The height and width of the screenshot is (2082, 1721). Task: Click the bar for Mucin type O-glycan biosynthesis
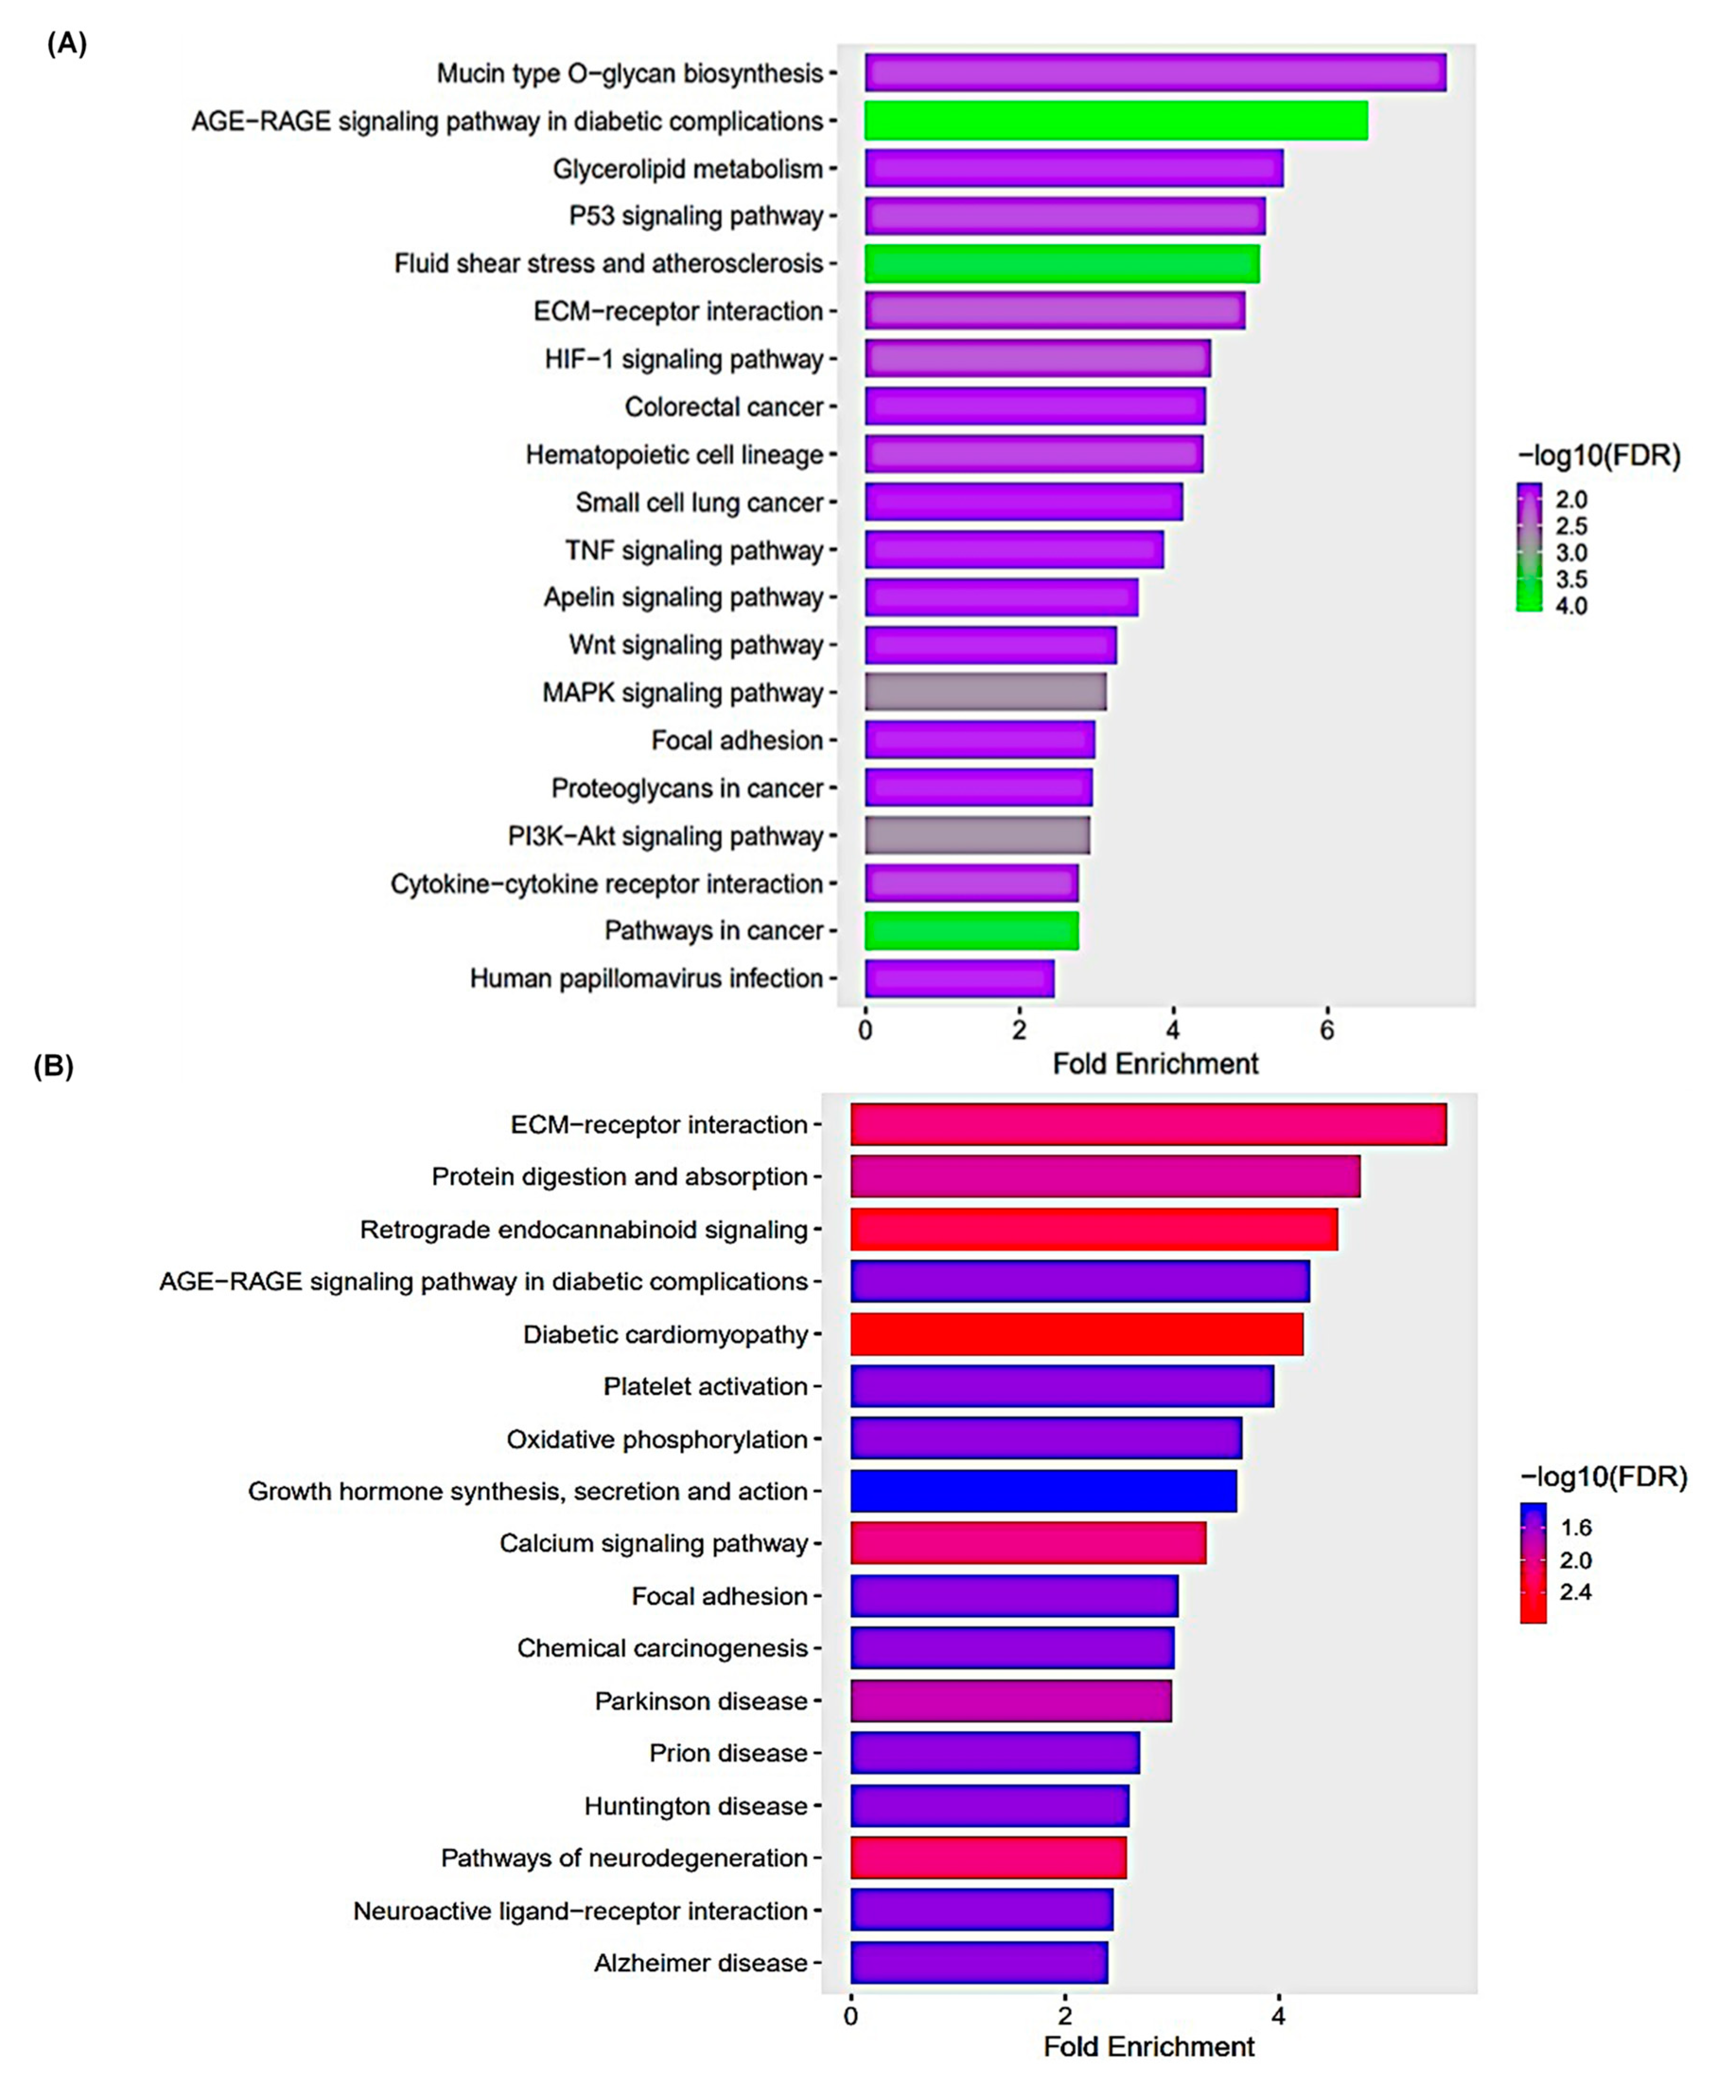tap(1155, 73)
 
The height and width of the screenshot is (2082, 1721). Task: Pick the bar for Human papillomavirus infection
tap(959, 979)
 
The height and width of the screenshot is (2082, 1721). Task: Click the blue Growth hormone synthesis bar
tap(1043, 1491)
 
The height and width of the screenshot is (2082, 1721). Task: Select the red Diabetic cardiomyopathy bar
tap(1076, 1334)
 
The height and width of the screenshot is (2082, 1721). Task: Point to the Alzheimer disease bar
tap(978, 1963)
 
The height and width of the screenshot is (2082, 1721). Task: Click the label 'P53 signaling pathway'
tap(696, 216)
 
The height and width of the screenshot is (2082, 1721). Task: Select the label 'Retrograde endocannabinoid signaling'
tap(584, 1229)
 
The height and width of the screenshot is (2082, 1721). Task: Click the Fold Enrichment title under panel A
tap(1155, 1064)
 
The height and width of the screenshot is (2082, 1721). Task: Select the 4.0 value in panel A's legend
tap(1571, 606)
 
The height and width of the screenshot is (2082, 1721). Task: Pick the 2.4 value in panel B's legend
tap(1575, 1592)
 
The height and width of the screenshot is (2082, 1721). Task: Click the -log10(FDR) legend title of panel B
tap(1603, 1477)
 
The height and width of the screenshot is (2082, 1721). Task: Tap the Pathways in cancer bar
tap(970, 931)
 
